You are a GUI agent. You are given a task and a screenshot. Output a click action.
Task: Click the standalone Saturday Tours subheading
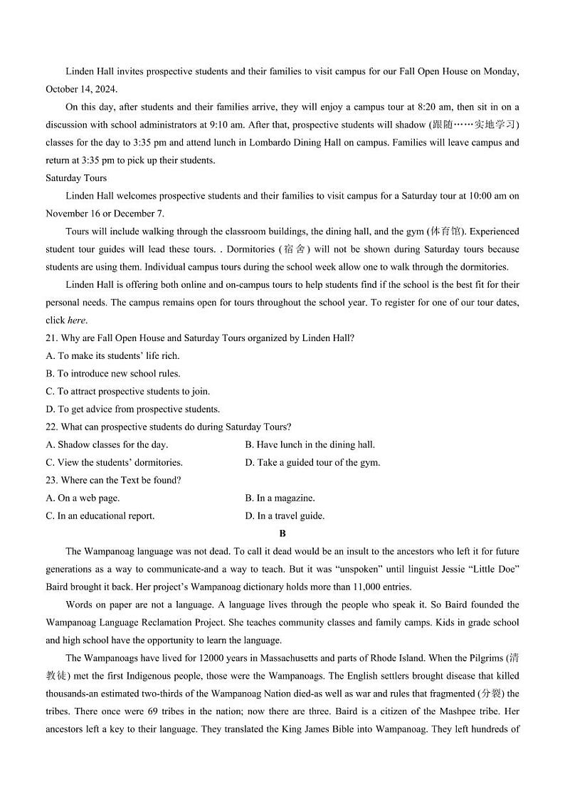(x=76, y=178)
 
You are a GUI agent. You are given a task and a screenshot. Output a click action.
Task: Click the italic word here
(x=75, y=320)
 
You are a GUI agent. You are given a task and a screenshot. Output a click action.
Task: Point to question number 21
(x=51, y=338)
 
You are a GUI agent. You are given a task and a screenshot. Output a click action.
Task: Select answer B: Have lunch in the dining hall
(x=310, y=445)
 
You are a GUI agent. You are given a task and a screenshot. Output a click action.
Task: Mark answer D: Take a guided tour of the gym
(x=312, y=463)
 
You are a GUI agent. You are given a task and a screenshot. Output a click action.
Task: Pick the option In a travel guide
(x=285, y=516)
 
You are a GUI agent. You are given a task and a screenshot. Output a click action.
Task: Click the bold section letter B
(x=282, y=533)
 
